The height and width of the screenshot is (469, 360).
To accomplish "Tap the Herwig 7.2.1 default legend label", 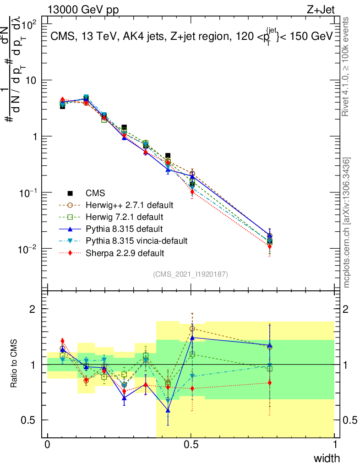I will coord(120,216).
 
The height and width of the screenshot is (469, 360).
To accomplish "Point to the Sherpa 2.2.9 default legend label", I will coord(118,252).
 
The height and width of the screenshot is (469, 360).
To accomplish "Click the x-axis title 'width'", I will coord(326,458).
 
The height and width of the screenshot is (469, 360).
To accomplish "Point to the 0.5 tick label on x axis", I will coord(191,445).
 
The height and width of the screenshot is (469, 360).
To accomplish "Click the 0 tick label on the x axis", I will coord(48,445).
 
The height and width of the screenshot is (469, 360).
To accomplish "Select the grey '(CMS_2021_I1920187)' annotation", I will coord(191,274).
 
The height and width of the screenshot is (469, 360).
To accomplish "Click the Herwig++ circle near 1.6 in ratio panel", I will coord(192,328).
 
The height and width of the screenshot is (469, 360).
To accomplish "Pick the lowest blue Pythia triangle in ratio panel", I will coord(168,410).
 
